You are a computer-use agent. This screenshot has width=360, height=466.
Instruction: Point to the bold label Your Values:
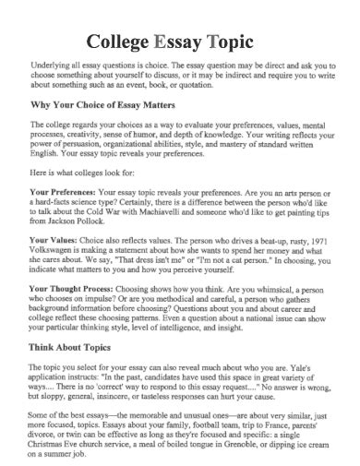57,239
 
